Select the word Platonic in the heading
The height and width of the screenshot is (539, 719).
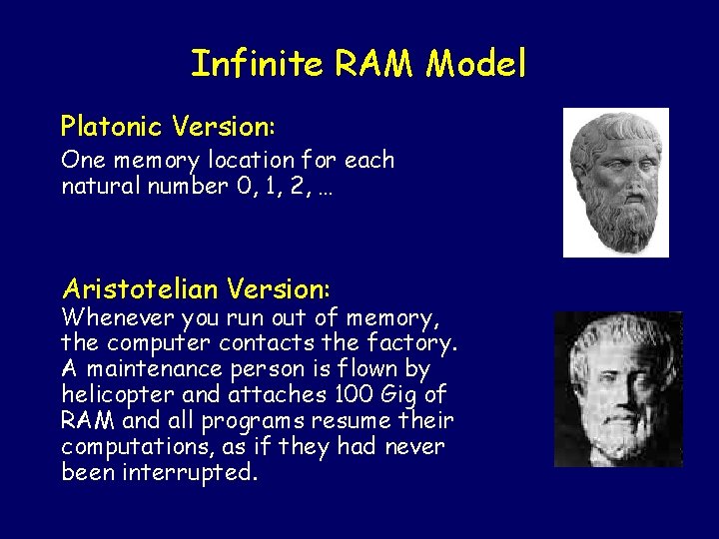(x=111, y=127)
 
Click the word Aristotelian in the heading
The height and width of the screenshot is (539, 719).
(x=140, y=289)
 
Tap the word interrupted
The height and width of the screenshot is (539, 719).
(x=191, y=471)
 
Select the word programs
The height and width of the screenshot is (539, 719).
(x=275, y=420)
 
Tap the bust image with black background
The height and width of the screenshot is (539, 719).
(x=618, y=389)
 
